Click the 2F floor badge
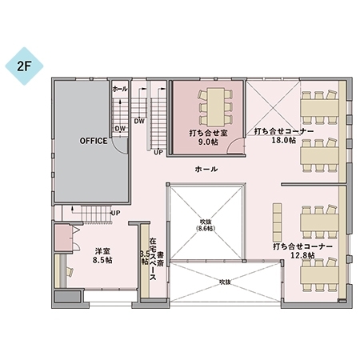(24, 66)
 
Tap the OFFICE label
(94, 141)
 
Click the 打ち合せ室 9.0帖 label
(208, 137)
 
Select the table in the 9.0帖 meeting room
(216, 107)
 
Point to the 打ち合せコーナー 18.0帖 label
(283, 135)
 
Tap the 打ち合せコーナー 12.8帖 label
(302, 251)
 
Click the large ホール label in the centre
(206, 169)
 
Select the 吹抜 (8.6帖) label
(206, 226)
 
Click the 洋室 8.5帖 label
(102, 255)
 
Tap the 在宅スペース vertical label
(153, 259)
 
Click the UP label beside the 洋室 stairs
(115, 213)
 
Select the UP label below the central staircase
(158, 153)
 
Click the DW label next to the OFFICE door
(120, 129)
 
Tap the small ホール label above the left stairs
(120, 89)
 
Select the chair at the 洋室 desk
(70, 272)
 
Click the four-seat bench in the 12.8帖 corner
(277, 222)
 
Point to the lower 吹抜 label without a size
(225, 282)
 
